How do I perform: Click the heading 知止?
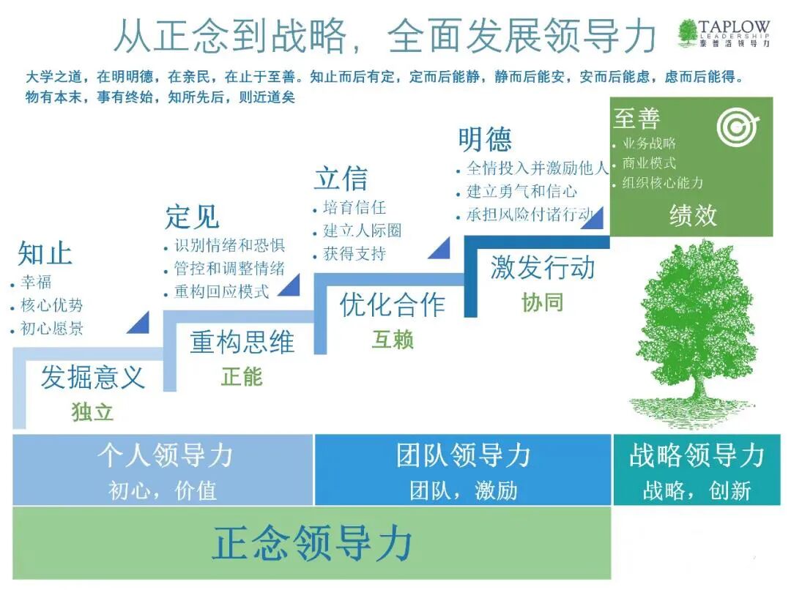coord(45,253)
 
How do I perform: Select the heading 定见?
coord(192,217)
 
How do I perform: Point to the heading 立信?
coord(341,178)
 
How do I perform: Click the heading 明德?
coord(485,139)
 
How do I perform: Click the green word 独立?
coord(92,412)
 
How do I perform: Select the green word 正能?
coord(242,376)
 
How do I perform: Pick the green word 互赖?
coord(393,340)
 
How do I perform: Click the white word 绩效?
coord(692,216)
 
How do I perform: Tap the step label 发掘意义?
coord(92,378)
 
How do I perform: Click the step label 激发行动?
coord(543,268)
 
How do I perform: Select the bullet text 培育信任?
coord(354,208)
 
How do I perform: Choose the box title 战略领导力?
coord(697,456)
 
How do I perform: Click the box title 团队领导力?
coord(463,456)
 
